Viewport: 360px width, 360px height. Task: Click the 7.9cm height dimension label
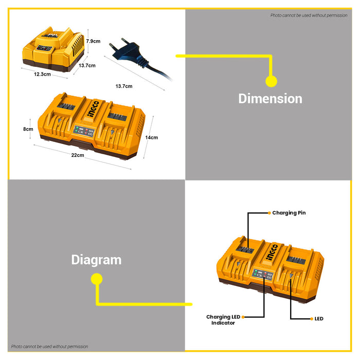93,41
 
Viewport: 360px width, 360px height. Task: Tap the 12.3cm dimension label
42,74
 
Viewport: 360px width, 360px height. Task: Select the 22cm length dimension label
78,155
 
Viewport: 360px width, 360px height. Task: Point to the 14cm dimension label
152,137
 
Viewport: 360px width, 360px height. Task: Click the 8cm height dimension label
28,129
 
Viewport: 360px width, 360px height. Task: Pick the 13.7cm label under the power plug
124,86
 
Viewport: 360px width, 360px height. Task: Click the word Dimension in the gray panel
270,99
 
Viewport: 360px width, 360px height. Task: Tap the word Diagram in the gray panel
96,260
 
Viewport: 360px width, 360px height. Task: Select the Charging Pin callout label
289,213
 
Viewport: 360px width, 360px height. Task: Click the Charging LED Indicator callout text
223,320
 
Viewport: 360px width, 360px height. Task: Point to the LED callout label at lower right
319,319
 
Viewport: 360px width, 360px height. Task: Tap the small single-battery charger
53,49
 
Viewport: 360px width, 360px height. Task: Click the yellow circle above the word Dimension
271,81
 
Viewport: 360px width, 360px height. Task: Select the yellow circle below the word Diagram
97,279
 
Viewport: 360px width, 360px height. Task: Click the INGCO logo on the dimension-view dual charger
94,109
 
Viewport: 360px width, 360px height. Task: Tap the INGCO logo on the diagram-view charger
272,252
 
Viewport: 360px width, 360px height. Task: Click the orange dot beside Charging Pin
269,213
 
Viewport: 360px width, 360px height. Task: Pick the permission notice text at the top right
309,15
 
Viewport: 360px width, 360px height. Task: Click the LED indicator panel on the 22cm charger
83,131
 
